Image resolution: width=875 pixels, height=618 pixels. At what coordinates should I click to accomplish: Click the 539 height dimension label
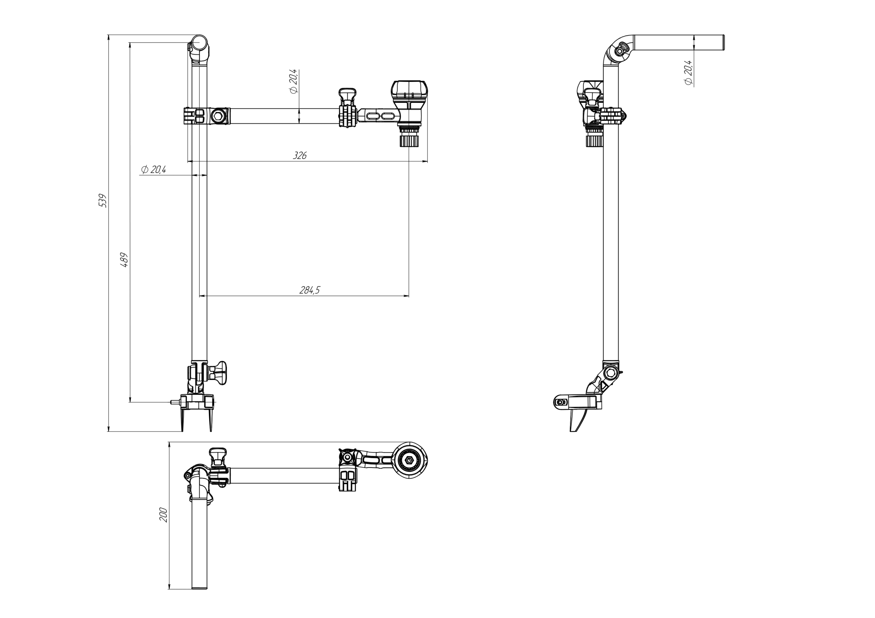pyautogui.click(x=103, y=201)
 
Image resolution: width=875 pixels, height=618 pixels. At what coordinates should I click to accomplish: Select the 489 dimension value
pyautogui.click(x=124, y=260)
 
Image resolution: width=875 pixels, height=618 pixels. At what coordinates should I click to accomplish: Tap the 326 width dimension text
pyautogui.click(x=300, y=155)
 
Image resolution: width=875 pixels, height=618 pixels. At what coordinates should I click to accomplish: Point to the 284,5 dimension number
pyautogui.click(x=310, y=290)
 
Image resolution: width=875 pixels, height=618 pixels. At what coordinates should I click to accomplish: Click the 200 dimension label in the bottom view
pyautogui.click(x=163, y=515)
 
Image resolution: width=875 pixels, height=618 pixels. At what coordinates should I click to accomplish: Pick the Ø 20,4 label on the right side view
pyautogui.click(x=688, y=72)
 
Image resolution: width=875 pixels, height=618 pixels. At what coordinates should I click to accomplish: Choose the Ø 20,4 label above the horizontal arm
pyautogui.click(x=293, y=82)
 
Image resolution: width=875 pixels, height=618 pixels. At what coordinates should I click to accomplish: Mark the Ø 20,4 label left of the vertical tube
pyautogui.click(x=153, y=169)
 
